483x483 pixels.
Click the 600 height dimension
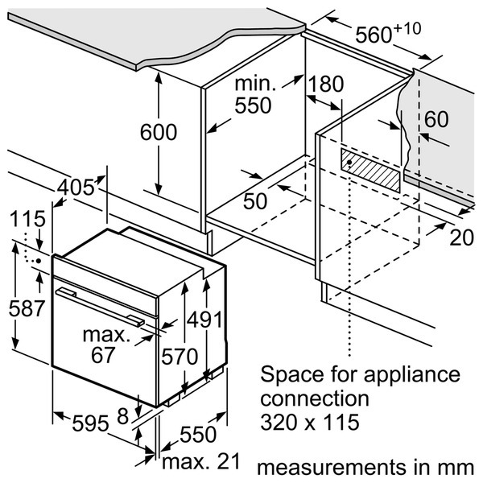[x=159, y=132]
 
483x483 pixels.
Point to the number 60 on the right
[x=436, y=118]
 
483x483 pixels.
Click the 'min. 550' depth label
[x=255, y=94]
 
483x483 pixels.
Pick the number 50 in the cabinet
[x=255, y=200]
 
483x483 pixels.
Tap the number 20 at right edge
[x=460, y=237]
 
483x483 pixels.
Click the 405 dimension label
[x=76, y=188]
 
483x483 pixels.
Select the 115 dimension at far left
[x=27, y=221]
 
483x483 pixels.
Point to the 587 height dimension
[x=22, y=307]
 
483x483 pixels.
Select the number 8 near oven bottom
[x=122, y=417]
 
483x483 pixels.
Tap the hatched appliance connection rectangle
[x=369, y=168]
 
